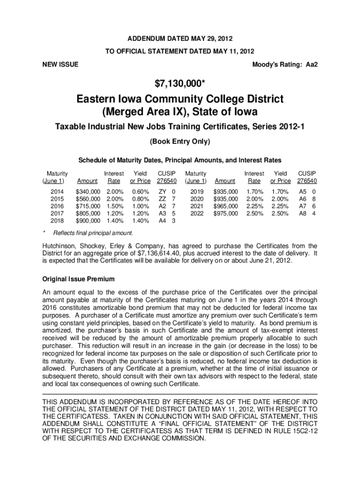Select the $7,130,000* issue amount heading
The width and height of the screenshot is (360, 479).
(x=180, y=84)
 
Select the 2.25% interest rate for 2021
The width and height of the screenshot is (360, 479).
(x=254, y=206)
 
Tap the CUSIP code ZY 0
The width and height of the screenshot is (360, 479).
(x=167, y=192)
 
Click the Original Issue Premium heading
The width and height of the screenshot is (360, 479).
(x=79, y=279)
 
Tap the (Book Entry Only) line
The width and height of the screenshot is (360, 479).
(x=180, y=141)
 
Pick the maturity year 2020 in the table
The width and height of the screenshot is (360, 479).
(x=195, y=199)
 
